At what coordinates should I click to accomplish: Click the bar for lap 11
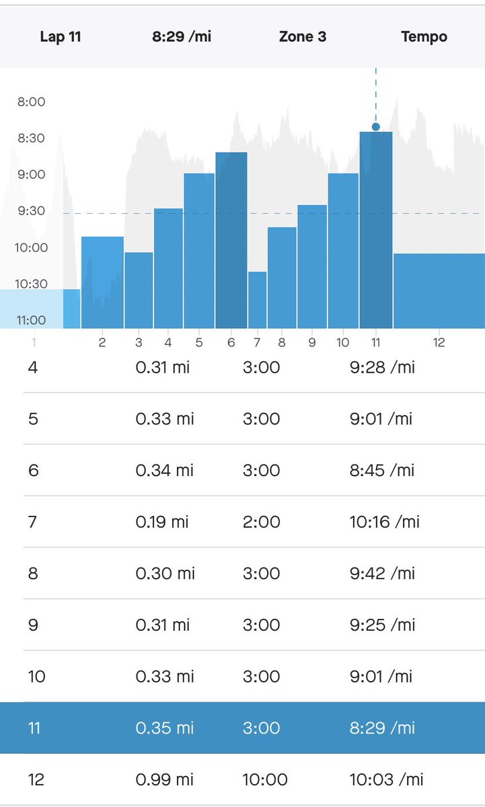376,230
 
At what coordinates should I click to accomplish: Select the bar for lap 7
257,300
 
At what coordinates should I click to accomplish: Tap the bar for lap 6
231,240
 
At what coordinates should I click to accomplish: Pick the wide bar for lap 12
439,291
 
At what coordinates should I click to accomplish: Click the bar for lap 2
102,282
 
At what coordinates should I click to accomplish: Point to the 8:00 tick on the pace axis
31,102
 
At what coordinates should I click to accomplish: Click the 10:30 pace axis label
31,284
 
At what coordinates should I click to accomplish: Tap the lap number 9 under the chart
312,343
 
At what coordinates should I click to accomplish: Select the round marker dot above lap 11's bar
376,126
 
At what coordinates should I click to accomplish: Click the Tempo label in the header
424,36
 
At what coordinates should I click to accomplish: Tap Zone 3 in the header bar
303,36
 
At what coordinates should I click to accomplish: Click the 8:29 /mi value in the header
182,36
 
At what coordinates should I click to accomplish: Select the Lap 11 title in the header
61,36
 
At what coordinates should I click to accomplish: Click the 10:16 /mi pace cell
384,522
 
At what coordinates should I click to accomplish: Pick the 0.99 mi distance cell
164,779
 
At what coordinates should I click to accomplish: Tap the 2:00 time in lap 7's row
261,522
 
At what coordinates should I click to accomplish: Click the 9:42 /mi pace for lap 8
383,574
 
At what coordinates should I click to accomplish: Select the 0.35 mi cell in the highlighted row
164,728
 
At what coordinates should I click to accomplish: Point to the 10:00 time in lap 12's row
265,779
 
